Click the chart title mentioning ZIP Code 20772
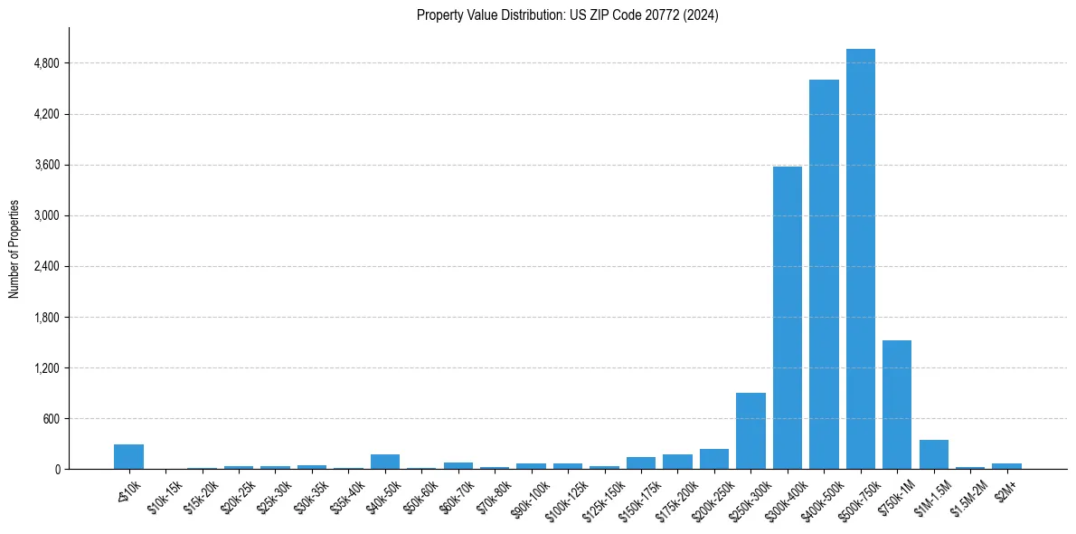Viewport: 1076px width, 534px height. tap(567, 15)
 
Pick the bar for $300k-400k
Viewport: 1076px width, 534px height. tap(787, 318)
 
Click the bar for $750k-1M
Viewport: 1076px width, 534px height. tap(897, 405)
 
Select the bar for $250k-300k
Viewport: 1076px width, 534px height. tap(750, 431)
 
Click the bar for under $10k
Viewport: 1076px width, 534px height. tap(128, 457)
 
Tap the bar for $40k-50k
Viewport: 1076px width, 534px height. tap(385, 462)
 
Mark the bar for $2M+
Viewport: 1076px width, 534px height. tap(1006, 466)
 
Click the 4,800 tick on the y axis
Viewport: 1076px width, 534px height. tap(46, 63)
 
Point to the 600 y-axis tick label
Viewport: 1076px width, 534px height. tap(50, 419)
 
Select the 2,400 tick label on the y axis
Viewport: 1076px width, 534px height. tap(46, 267)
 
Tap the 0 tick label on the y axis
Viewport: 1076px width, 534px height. tap(56, 470)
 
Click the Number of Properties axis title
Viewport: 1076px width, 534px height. tap(14, 248)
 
